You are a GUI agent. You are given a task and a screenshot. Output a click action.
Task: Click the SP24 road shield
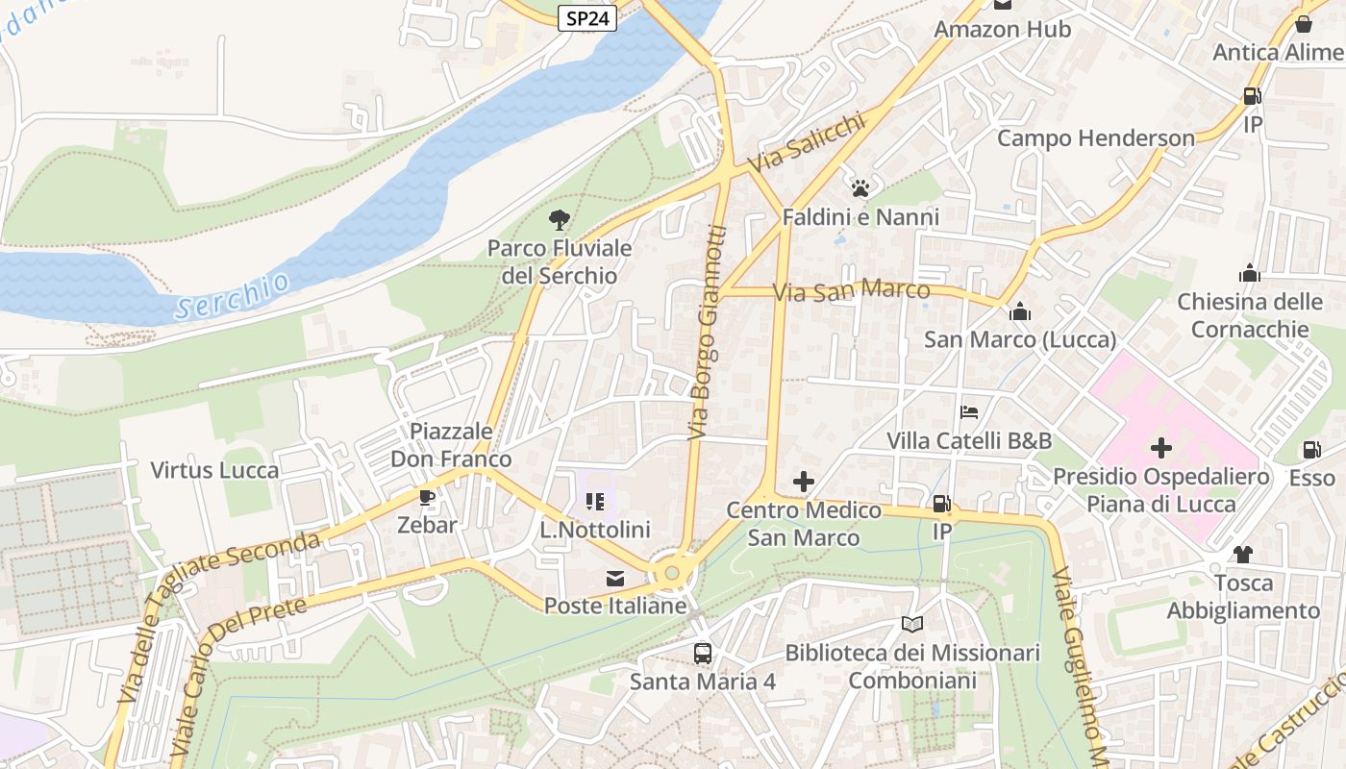(x=586, y=18)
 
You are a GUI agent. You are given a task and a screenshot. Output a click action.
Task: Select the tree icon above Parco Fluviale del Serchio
(x=560, y=221)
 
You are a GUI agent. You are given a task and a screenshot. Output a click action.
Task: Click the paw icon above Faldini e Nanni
(x=860, y=188)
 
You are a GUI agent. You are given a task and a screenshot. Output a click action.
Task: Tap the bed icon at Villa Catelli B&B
(x=969, y=412)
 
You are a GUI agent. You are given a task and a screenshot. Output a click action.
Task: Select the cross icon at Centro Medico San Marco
(x=804, y=482)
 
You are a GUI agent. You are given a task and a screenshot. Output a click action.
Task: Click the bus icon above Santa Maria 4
(x=703, y=654)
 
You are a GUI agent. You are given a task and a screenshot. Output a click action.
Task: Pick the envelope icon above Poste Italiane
(x=614, y=579)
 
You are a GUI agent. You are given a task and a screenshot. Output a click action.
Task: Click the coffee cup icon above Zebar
(x=427, y=497)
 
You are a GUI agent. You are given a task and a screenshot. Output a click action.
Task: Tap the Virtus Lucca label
(x=214, y=470)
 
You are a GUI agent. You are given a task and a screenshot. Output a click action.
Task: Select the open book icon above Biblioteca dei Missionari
(x=912, y=625)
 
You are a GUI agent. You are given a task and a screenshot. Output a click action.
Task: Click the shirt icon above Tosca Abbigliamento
(x=1243, y=555)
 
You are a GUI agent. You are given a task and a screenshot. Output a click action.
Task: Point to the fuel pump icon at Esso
(x=1311, y=450)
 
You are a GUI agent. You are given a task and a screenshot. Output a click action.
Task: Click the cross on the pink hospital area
(x=1161, y=448)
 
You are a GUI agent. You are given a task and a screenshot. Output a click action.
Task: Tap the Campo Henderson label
(x=1095, y=138)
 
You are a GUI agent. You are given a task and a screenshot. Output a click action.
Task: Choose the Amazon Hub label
(x=1002, y=30)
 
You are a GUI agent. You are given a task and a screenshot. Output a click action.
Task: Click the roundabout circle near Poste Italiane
(x=672, y=573)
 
